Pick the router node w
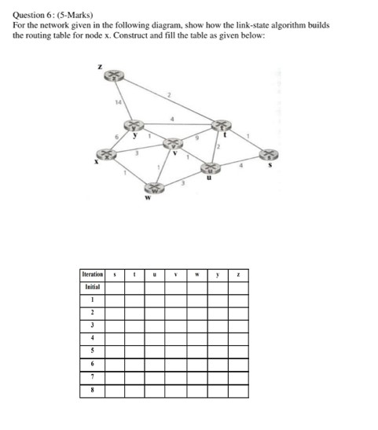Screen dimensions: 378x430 (x=154, y=188)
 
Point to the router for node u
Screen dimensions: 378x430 (x=210, y=167)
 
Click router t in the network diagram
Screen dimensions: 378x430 (x=222, y=125)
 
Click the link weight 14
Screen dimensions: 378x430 (x=117, y=103)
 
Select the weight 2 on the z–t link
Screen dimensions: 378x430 (x=169, y=94)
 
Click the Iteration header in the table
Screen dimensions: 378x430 (x=92, y=274)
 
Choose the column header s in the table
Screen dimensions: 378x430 (x=115, y=274)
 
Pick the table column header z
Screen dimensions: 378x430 (x=237, y=274)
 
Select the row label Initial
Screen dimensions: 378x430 (x=92, y=288)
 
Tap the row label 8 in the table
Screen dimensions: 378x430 (x=92, y=391)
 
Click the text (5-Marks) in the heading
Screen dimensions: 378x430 (x=66, y=15)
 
